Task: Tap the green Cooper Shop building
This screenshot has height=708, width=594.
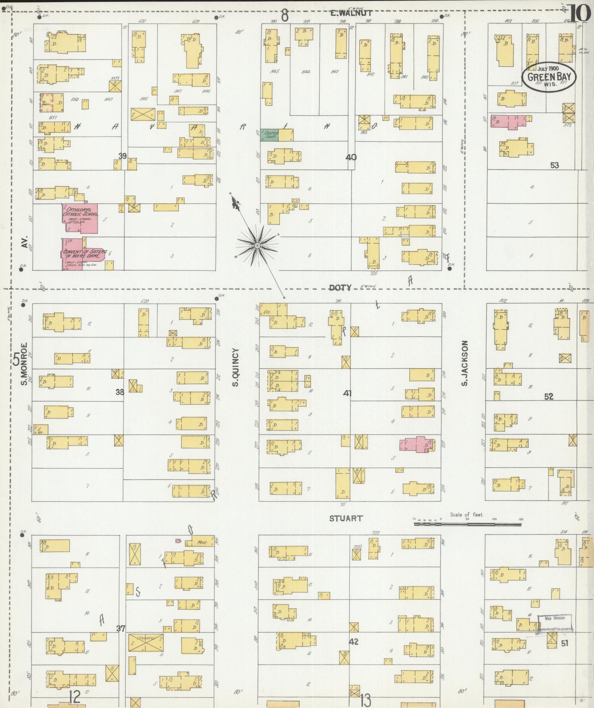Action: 269,135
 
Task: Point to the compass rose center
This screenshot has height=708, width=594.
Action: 257,245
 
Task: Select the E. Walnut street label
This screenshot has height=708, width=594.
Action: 351,13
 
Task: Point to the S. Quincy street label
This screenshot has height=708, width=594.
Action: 235,367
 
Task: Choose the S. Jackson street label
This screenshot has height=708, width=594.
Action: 465,363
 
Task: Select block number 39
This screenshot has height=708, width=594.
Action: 122,156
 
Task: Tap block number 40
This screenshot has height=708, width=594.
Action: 351,157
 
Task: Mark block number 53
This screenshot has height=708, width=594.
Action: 554,165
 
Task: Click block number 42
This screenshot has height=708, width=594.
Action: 353,641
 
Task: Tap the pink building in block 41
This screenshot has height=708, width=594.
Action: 417,444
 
